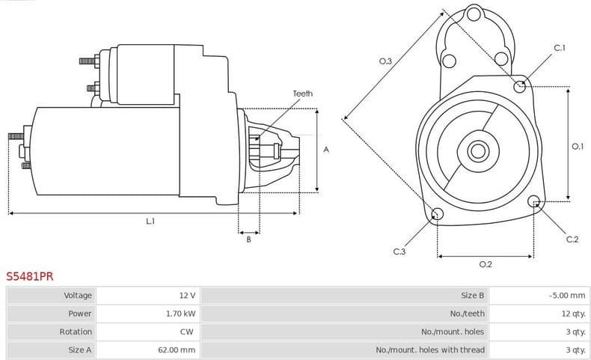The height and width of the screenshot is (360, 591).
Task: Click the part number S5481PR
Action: [x=30, y=276]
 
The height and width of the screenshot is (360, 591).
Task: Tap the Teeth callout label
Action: [x=302, y=94]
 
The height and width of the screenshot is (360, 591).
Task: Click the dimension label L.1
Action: [x=150, y=221]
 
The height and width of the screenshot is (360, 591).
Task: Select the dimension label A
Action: [x=326, y=150]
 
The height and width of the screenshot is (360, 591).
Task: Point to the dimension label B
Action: [x=248, y=239]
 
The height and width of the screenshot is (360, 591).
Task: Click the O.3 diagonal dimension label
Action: [x=385, y=61]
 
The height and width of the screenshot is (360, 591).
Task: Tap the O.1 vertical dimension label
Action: [x=577, y=147]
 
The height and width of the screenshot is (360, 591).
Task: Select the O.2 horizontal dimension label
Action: [x=485, y=264]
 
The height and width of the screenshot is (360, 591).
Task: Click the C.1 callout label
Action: [x=559, y=49]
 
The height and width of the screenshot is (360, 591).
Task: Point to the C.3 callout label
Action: [x=399, y=251]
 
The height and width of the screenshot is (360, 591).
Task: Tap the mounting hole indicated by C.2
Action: [x=533, y=201]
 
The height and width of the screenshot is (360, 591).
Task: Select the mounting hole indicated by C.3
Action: [x=438, y=216]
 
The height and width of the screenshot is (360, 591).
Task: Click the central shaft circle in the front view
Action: [x=477, y=151]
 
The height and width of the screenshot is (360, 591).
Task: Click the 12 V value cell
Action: [x=187, y=296]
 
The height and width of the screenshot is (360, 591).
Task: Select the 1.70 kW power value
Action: [x=180, y=314]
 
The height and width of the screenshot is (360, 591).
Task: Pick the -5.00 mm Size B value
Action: [x=566, y=296]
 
